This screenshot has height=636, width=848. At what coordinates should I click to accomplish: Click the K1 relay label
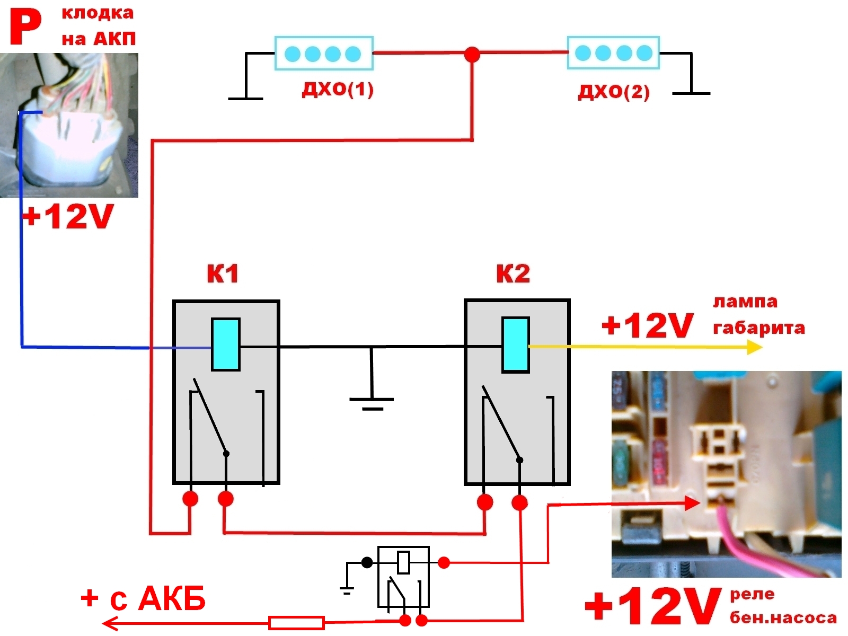(x=223, y=274)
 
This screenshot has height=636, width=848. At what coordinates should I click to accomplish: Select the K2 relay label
(x=513, y=274)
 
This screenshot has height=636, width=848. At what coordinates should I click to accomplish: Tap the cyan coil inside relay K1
(x=226, y=344)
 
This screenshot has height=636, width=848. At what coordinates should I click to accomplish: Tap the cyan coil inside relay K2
(x=515, y=345)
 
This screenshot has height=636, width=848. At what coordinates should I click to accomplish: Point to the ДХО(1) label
(x=338, y=89)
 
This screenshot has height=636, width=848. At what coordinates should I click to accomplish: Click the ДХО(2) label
(x=613, y=92)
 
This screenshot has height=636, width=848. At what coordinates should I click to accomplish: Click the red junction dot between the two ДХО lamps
(x=472, y=54)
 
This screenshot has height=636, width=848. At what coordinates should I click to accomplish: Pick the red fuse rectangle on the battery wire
(x=296, y=623)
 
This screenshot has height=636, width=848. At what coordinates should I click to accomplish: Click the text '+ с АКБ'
(x=143, y=599)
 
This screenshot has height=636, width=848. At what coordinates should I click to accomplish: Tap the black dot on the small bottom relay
(x=367, y=563)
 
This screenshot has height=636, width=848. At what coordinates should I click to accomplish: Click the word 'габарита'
(x=758, y=328)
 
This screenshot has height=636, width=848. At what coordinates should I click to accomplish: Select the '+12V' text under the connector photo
(x=68, y=217)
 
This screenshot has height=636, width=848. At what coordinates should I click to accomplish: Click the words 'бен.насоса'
(x=783, y=618)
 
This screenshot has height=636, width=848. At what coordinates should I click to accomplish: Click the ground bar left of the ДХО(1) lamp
(x=245, y=99)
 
